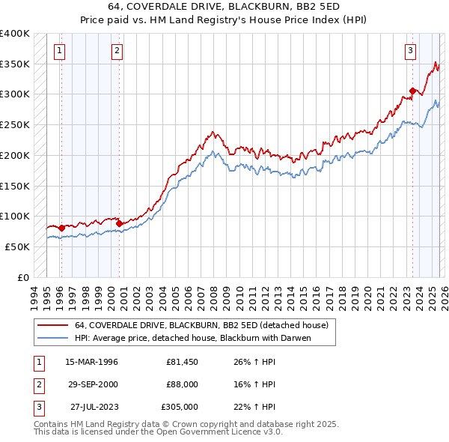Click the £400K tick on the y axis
(x=15, y=34)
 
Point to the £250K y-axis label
(x=15, y=125)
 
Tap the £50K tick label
(x=18, y=246)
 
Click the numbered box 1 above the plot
(x=60, y=51)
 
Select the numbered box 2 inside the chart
(x=117, y=51)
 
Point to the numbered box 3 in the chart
(x=411, y=51)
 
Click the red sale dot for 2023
(x=412, y=91)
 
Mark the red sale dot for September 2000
(x=119, y=223)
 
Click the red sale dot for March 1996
(x=61, y=227)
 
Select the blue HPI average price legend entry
(x=192, y=338)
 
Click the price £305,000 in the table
(x=179, y=407)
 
